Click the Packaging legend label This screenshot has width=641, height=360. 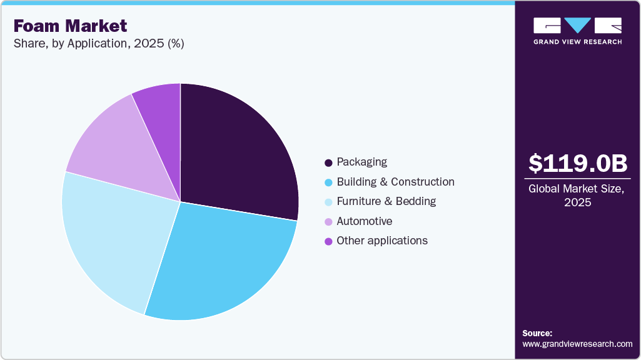[x=361, y=162]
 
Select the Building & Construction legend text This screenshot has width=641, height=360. [x=395, y=182]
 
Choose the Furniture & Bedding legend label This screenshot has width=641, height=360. [x=386, y=201]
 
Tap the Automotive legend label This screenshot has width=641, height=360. [x=364, y=221]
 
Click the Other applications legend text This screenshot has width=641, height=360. [x=381, y=241]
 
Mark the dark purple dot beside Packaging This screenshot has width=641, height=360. [x=328, y=163]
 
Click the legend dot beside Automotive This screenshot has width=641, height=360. [x=328, y=222]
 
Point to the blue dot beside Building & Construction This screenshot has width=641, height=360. [x=328, y=182]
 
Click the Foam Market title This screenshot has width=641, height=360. [x=70, y=26]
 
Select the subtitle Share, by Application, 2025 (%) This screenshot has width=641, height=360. [x=98, y=44]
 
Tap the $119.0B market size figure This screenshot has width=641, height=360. [x=578, y=163]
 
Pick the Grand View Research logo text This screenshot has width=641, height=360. [x=578, y=42]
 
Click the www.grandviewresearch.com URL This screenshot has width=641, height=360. [x=577, y=344]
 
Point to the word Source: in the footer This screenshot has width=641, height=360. [x=537, y=333]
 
